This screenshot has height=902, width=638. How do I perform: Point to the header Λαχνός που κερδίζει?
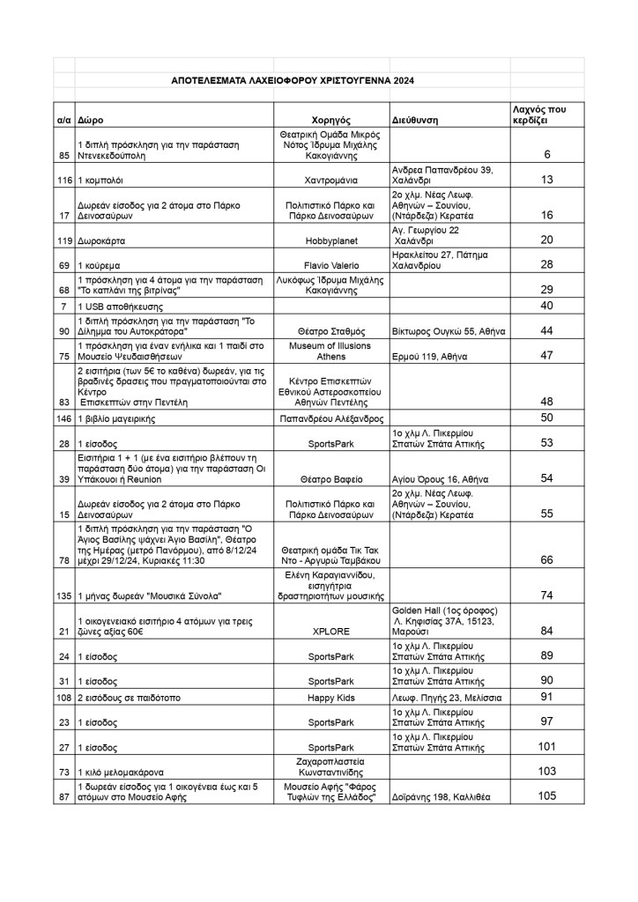pyautogui.click(x=545, y=113)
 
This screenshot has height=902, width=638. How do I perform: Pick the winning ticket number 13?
pyautogui.click(x=546, y=180)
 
